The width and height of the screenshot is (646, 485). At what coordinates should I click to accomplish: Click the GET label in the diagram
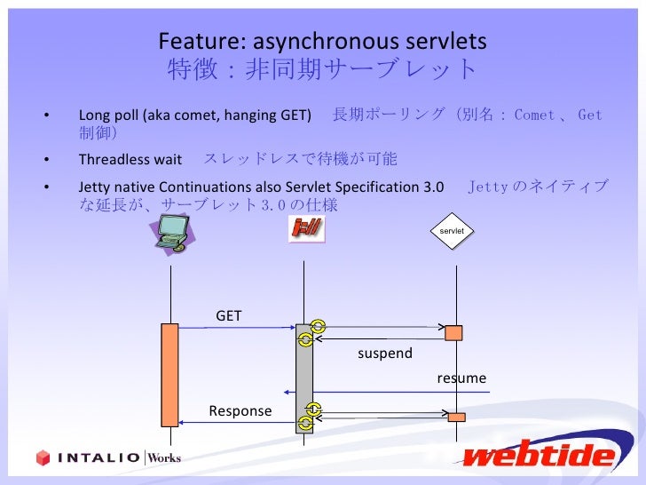pos(229,315)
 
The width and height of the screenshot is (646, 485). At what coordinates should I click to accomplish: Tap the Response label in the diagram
pos(240,410)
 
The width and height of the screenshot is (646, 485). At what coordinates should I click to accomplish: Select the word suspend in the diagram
pos(385,354)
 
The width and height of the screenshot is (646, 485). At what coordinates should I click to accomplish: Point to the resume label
pos(461,378)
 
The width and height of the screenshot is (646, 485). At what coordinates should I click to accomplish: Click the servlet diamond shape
pos(453,231)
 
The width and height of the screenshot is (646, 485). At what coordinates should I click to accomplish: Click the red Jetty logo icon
pos(306,228)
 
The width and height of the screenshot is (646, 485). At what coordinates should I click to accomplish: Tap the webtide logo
pos(539,455)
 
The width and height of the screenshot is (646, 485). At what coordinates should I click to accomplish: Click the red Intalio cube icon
pos(43,457)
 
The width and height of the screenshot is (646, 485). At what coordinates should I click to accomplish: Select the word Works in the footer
pos(164,457)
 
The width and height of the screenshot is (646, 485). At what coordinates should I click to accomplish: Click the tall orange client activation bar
pos(169,374)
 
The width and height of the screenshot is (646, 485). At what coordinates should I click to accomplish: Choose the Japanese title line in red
pos(322,69)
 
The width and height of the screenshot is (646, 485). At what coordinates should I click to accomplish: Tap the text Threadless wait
pos(130,160)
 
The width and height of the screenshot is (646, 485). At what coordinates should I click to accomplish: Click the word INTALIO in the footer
pos(98,458)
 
